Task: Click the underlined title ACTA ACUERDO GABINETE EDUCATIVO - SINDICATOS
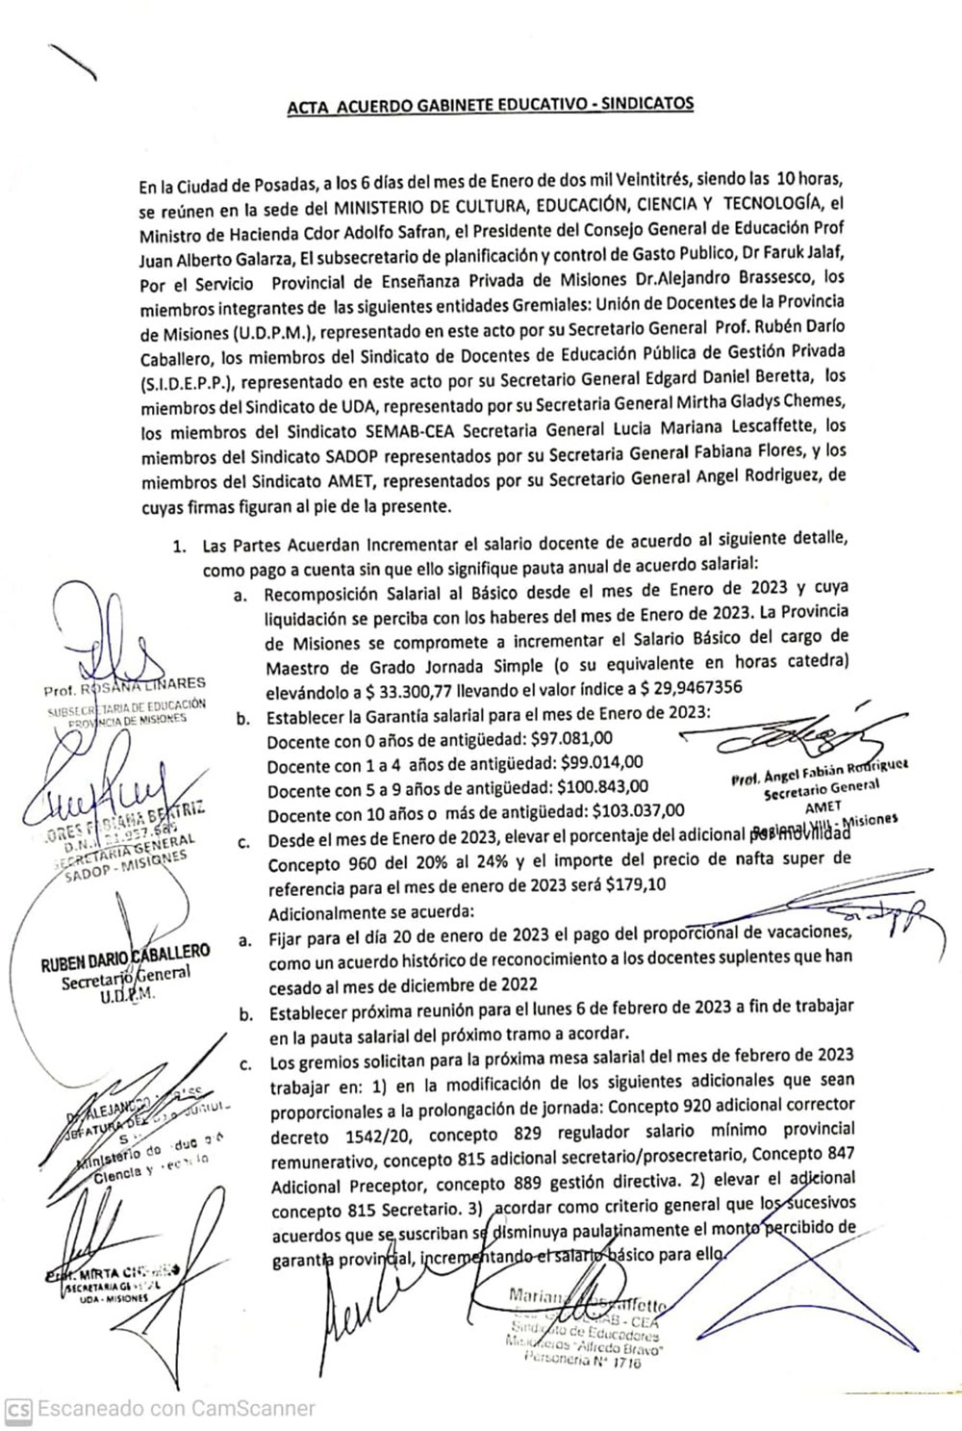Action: [491, 105]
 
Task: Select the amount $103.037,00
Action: [640, 813]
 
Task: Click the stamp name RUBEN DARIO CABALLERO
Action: [124, 965]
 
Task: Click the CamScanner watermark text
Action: [173, 1409]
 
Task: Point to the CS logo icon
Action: [17, 1409]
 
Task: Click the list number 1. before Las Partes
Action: [179, 547]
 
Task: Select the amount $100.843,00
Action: [600, 789]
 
